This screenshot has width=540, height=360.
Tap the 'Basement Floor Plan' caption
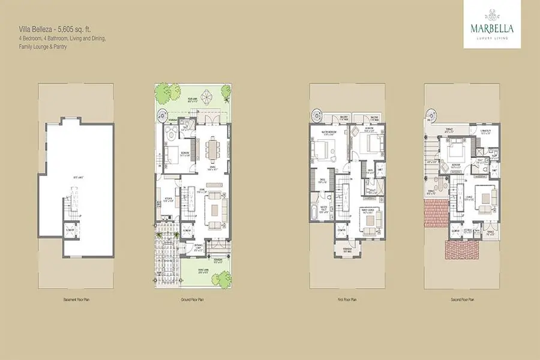pos(76,298)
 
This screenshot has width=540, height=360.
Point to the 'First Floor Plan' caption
pos(347,298)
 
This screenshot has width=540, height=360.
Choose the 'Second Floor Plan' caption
pos(462,298)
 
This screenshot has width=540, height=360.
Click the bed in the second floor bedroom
pos(455,146)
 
